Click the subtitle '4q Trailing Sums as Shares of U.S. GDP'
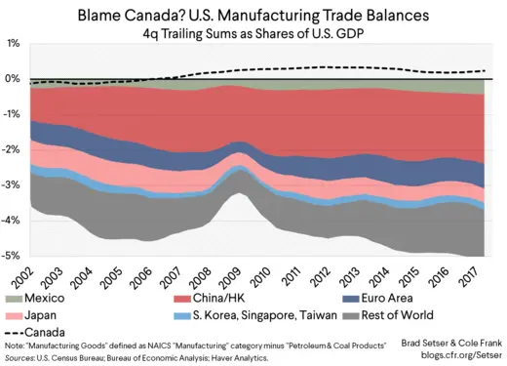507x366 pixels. [x=253, y=33]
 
